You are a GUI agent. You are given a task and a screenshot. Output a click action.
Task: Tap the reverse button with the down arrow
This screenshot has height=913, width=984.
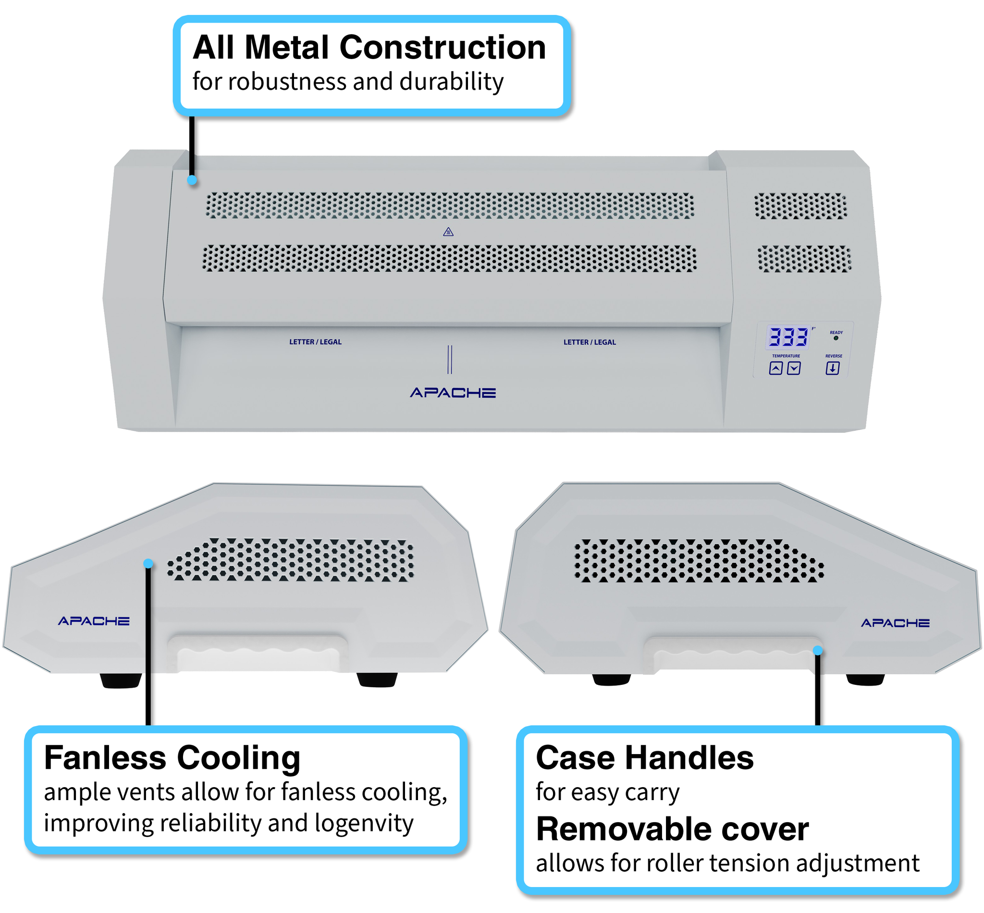tap(832, 368)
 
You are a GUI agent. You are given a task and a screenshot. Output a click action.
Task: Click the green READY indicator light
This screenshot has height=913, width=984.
tap(836, 339)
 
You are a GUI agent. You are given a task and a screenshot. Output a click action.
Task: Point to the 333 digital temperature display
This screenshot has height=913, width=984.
tap(788, 338)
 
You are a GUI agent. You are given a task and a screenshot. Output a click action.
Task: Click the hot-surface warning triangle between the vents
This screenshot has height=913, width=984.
tap(448, 231)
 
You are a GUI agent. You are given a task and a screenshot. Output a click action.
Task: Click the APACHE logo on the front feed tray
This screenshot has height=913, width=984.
tap(453, 393)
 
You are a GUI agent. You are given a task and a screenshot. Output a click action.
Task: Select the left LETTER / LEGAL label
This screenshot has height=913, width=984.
tap(315, 342)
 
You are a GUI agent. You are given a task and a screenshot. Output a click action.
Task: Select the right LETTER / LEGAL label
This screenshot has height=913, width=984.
tap(590, 342)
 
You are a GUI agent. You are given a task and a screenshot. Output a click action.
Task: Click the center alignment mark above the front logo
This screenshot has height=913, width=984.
tap(449, 359)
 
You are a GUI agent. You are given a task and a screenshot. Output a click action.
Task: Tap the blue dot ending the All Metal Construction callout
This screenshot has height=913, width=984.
tap(192, 180)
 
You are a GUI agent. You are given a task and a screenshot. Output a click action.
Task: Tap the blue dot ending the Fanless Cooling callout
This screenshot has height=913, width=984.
tap(148, 564)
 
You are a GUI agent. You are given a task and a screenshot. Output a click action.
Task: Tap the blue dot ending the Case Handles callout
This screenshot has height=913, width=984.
tap(817, 651)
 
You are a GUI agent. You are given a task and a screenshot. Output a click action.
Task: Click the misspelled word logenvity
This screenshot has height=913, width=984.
tap(364, 824)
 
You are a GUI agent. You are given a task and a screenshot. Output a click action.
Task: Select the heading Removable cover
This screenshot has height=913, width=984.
tap(672, 829)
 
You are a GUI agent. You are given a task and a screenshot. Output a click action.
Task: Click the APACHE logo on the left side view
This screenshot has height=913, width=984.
tap(94, 621)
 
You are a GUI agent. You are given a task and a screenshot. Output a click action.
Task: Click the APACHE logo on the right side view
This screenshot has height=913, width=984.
tap(895, 623)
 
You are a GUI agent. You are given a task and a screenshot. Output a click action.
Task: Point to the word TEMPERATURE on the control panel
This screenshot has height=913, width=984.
tap(786, 356)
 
